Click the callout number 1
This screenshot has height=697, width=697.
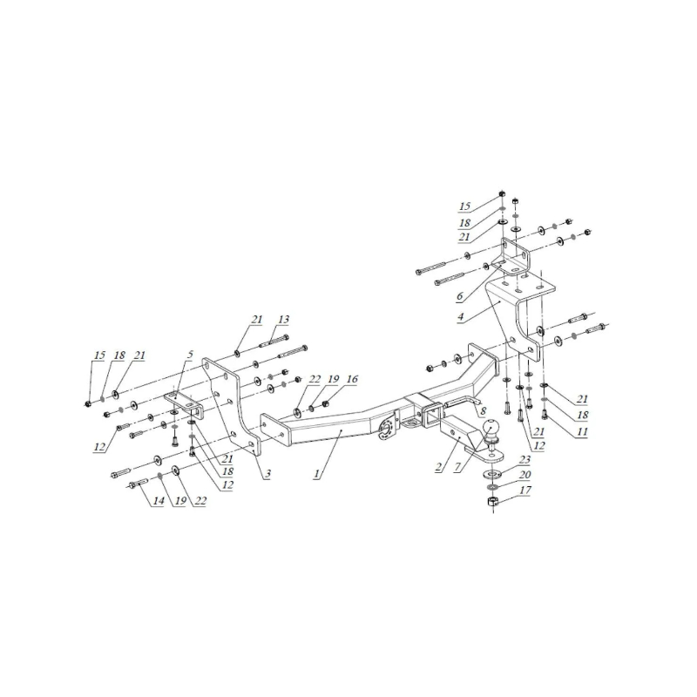click(x=316, y=474)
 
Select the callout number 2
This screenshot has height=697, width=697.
click(x=439, y=467)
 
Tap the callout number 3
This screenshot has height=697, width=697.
click(x=267, y=474)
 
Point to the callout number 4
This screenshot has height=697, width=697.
click(x=460, y=316)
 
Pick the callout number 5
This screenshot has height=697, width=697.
click(x=190, y=355)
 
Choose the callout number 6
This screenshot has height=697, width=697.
click(x=460, y=295)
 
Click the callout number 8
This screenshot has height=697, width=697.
click(x=484, y=410)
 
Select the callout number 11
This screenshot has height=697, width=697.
click(x=582, y=430)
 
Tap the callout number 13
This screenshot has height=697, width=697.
click(x=283, y=319)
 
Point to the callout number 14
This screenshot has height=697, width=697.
click(x=159, y=501)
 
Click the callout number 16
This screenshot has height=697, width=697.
click(x=352, y=379)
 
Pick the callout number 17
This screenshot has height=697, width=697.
click(x=525, y=490)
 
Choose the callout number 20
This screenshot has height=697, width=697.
click(x=525, y=474)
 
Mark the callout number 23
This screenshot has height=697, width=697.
click(x=525, y=460)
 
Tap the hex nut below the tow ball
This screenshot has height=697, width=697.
click(x=491, y=503)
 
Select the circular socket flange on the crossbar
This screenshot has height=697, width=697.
click(x=386, y=429)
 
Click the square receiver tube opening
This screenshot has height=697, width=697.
click(x=432, y=416)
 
